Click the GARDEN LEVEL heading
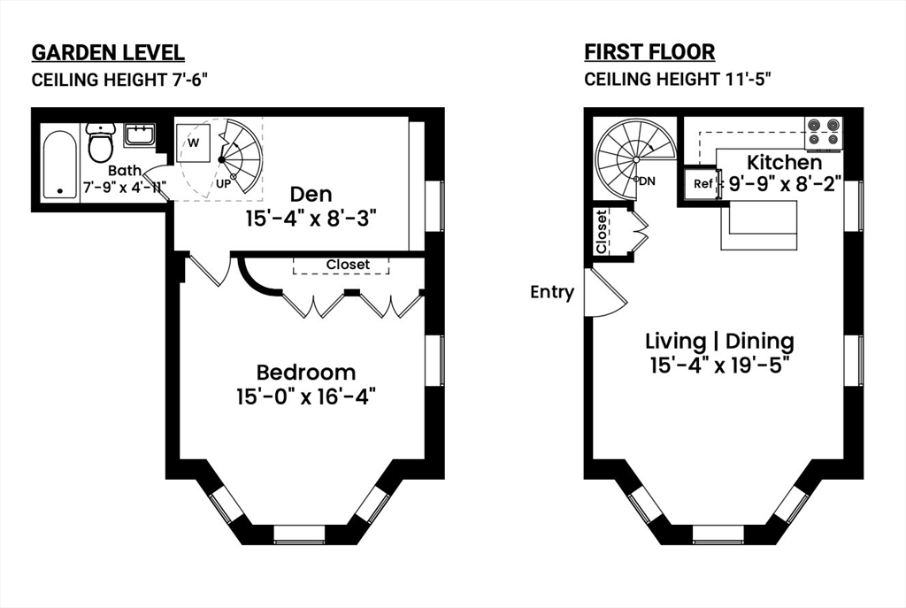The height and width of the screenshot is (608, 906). pyautogui.click(x=108, y=52)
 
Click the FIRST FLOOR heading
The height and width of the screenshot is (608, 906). pyautogui.click(x=649, y=52)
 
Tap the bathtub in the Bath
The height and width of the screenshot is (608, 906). pyautogui.click(x=60, y=164)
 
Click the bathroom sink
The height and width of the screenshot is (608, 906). pyautogui.click(x=140, y=135)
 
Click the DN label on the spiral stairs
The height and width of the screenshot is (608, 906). pyautogui.click(x=647, y=181)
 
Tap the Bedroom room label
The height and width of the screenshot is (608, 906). pyautogui.click(x=305, y=373)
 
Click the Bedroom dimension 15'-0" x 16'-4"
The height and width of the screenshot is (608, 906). pyautogui.click(x=305, y=396)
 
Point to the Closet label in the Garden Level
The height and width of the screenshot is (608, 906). pyautogui.click(x=347, y=265)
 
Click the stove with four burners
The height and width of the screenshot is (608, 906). pyautogui.click(x=823, y=131)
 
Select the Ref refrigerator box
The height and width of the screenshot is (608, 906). pyautogui.click(x=703, y=184)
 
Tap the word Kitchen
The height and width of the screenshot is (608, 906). pyautogui.click(x=784, y=163)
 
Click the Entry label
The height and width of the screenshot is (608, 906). pyautogui.click(x=552, y=292)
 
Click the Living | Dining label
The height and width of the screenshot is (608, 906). pyautogui.click(x=719, y=341)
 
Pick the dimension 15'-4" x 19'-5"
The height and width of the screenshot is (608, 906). pyautogui.click(x=719, y=364)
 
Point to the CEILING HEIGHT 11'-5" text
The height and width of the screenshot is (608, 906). pyautogui.click(x=678, y=80)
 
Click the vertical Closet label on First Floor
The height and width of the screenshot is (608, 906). pyautogui.click(x=602, y=232)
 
